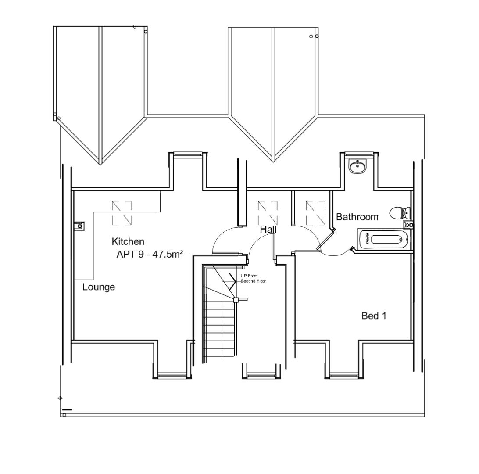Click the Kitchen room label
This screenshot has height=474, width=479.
[128, 241]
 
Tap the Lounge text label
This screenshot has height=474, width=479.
[99, 287]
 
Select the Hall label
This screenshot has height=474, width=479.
[268, 229]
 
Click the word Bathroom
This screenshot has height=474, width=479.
[357, 217]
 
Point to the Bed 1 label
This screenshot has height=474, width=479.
[374, 316]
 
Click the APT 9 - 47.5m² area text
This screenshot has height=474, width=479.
[149, 254]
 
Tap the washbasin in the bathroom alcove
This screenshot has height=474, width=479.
[358, 166]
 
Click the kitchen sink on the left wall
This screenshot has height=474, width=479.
[79, 226]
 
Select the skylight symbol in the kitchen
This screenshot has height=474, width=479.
[122, 213]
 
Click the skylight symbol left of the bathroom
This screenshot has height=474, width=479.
[315, 212]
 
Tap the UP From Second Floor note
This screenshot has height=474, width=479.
[253, 278]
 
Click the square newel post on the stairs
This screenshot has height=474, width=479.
[236, 300]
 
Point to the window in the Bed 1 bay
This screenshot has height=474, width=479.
[344, 375]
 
